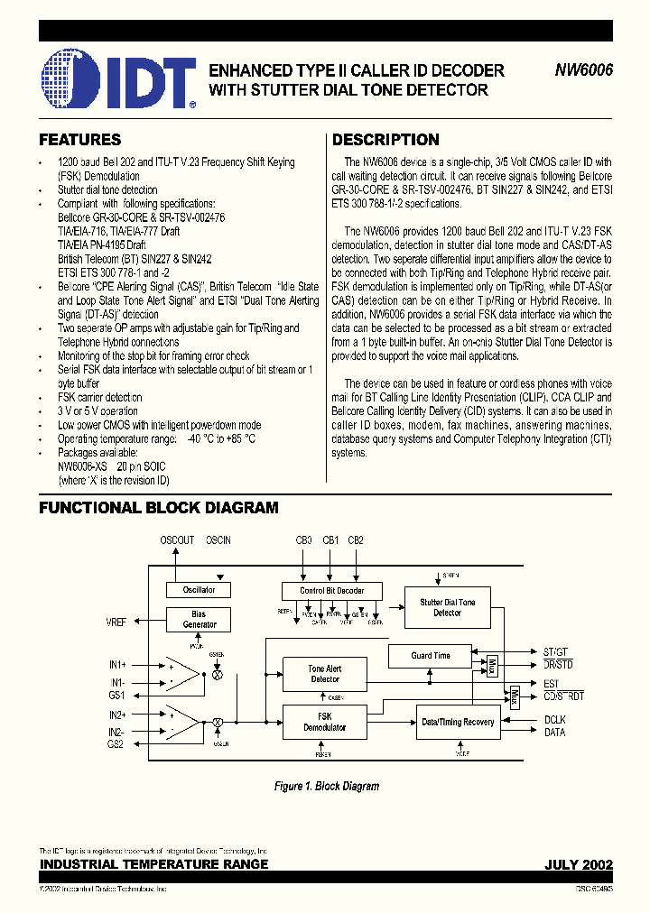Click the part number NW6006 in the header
tap(583, 70)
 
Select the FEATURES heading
tap(79, 140)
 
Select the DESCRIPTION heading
tap(385, 140)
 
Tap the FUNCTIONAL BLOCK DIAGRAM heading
tap(158, 508)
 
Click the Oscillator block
tap(199, 590)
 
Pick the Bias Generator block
tap(199, 620)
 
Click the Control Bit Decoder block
tap(331, 591)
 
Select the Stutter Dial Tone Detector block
tap(447, 607)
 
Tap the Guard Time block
tap(431, 656)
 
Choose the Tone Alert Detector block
tap(325, 673)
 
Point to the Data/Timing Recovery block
tap(458, 722)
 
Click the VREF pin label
tap(116, 622)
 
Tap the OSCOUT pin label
tap(177, 540)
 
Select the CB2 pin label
tap(356, 540)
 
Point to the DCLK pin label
tap(554, 719)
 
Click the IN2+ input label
tap(116, 714)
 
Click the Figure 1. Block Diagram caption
tap(326, 787)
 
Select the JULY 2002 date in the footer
tap(578, 864)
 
